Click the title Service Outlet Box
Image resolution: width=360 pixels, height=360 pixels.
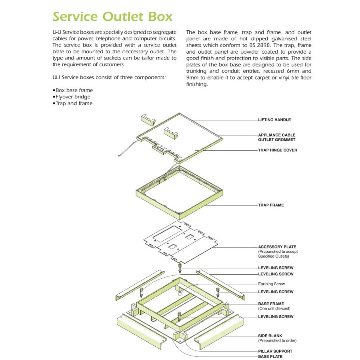tap(112, 17)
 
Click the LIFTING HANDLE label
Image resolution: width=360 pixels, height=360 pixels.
tap(274, 120)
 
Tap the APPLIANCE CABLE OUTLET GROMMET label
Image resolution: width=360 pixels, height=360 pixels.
tap(277, 138)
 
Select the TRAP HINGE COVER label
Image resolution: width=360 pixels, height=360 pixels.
tap(278, 150)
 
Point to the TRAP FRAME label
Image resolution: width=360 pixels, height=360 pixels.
tap(271, 205)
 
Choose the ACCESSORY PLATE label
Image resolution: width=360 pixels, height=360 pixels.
tap(277, 247)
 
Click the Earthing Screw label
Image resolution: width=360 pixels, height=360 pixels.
tap(272, 284)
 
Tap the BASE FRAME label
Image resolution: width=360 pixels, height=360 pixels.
tap(271, 304)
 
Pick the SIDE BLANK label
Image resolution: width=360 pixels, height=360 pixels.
tap(270, 336)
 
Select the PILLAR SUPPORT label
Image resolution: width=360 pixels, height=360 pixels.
tap(275, 351)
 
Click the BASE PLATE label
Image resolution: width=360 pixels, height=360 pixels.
tap(270, 356)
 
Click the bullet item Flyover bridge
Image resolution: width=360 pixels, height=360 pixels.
tap(73, 97)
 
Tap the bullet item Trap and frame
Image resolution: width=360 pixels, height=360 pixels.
tap(74, 103)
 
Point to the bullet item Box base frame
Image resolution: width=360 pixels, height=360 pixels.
tap(74, 90)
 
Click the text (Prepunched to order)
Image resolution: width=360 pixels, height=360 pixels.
tap(277, 341)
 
